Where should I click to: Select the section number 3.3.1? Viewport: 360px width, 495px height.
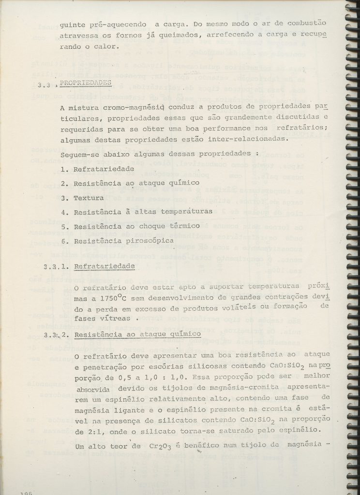click(x=57, y=266)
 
